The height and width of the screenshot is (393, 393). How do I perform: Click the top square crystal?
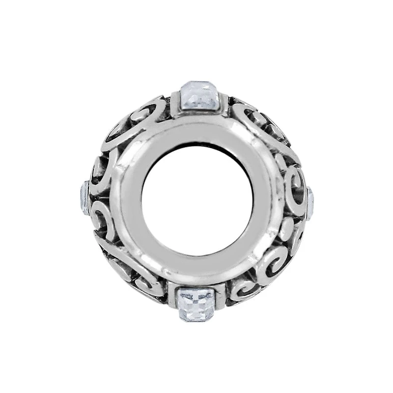[199, 99]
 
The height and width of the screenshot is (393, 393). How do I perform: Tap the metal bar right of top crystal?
[224, 105]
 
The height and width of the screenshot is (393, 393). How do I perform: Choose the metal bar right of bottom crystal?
[221, 294]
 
